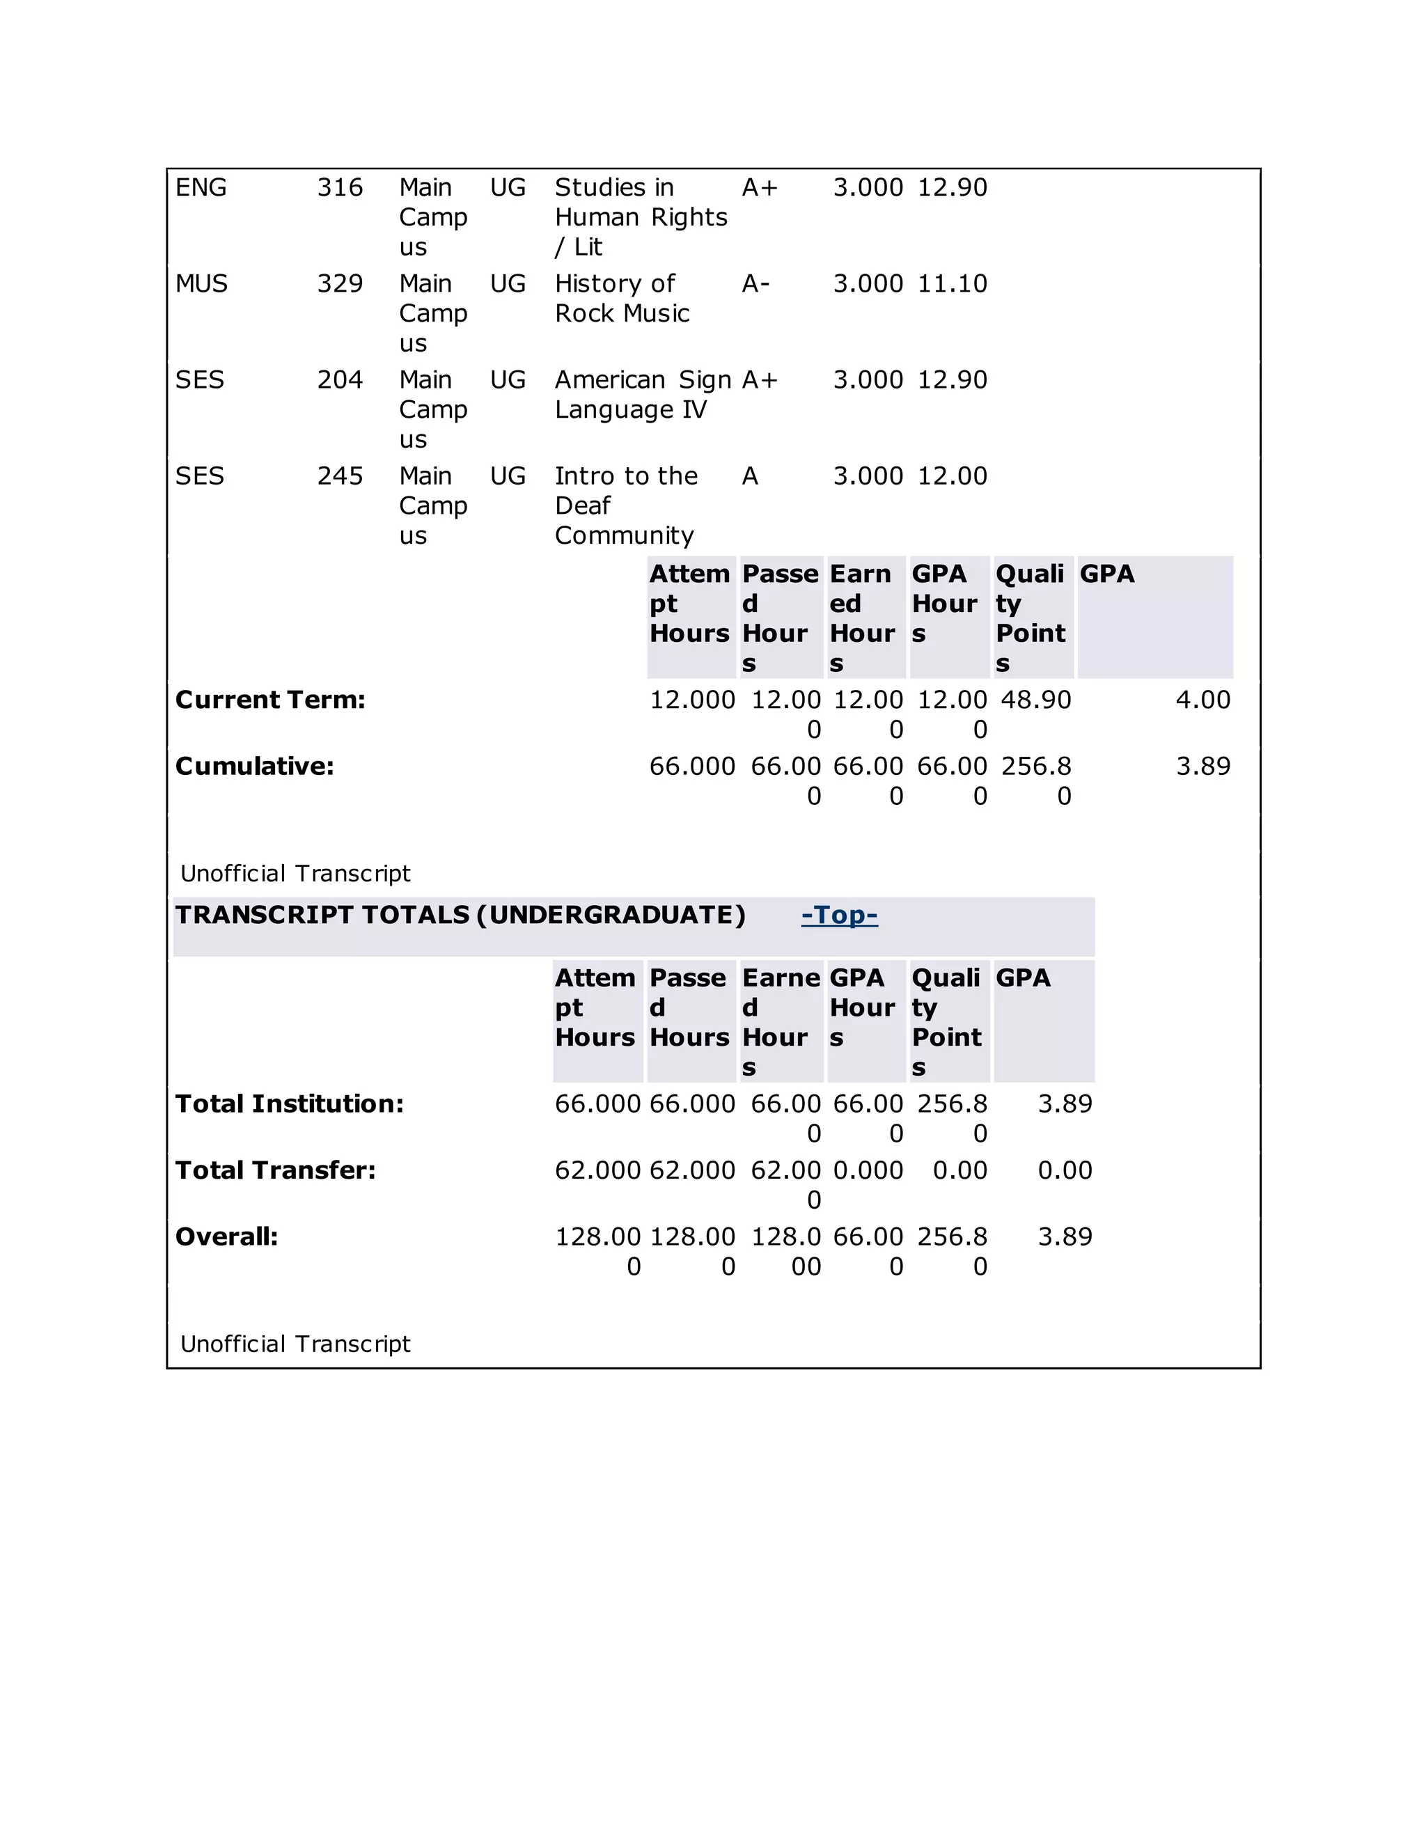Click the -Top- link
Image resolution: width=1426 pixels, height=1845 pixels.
click(x=839, y=915)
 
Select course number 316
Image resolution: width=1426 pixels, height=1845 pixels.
click(x=340, y=187)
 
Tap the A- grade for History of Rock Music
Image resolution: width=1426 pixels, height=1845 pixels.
click(x=755, y=284)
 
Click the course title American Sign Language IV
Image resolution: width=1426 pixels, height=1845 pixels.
click(x=642, y=395)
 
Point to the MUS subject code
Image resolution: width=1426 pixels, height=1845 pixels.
click(x=201, y=284)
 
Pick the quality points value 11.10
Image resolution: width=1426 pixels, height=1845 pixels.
click(x=952, y=284)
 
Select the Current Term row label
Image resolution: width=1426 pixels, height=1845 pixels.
click(x=270, y=700)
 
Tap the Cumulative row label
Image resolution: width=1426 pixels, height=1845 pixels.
click(x=254, y=767)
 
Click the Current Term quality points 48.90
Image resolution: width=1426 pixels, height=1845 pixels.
click(x=1035, y=700)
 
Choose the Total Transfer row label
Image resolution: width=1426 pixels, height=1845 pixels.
click(x=276, y=1170)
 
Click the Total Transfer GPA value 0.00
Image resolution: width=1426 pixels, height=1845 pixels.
click(x=1065, y=1170)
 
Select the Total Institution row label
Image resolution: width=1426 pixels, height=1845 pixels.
click(x=289, y=1104)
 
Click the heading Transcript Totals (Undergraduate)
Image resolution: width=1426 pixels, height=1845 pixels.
click(x=460, y=915)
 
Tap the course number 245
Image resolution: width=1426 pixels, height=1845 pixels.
click(x=340, y=476)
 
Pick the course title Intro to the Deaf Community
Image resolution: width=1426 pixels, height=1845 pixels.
click(x=625, y=505)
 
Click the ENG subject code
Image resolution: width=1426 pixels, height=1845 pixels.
click(x=201, y=187)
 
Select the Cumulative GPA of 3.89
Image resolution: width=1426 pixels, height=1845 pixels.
click(x=1203, y=767)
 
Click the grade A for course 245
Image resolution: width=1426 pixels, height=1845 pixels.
click(x=750, y=476)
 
